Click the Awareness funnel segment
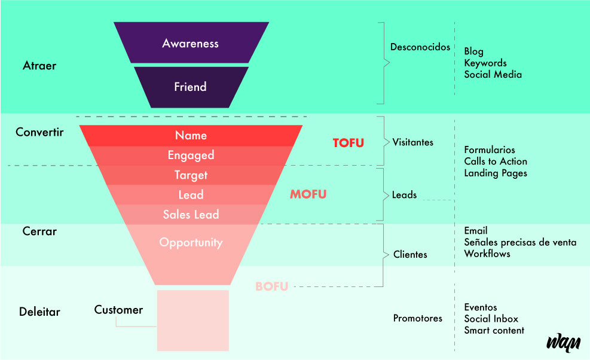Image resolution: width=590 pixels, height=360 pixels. point(191,43)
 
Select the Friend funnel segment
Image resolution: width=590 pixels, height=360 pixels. point(191,87)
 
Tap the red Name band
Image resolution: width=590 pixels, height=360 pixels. point(191,136)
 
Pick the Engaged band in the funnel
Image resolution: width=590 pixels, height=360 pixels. point(191,155)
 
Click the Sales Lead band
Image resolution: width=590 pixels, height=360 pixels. point(191,214)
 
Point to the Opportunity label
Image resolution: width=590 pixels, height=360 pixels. point(191,242)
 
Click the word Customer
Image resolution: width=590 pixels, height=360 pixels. point(118,310)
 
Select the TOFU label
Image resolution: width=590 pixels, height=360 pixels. point(348,143)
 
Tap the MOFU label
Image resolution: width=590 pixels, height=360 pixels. point(308,194)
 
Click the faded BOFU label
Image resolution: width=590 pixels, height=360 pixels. point(271,286)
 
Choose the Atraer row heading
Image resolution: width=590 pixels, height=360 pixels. point(39,66)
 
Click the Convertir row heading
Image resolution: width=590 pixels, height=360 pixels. point(39,132)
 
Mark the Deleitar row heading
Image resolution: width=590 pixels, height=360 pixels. point(39,312)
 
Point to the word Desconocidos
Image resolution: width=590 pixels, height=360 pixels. point(420,47)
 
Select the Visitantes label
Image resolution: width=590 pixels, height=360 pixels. point(412,142)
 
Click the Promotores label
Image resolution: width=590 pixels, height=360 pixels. point(417,318)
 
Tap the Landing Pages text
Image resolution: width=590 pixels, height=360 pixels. point(496,173)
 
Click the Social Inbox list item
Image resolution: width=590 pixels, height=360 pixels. point(491,319)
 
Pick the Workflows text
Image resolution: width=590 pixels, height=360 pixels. point(487,254)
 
